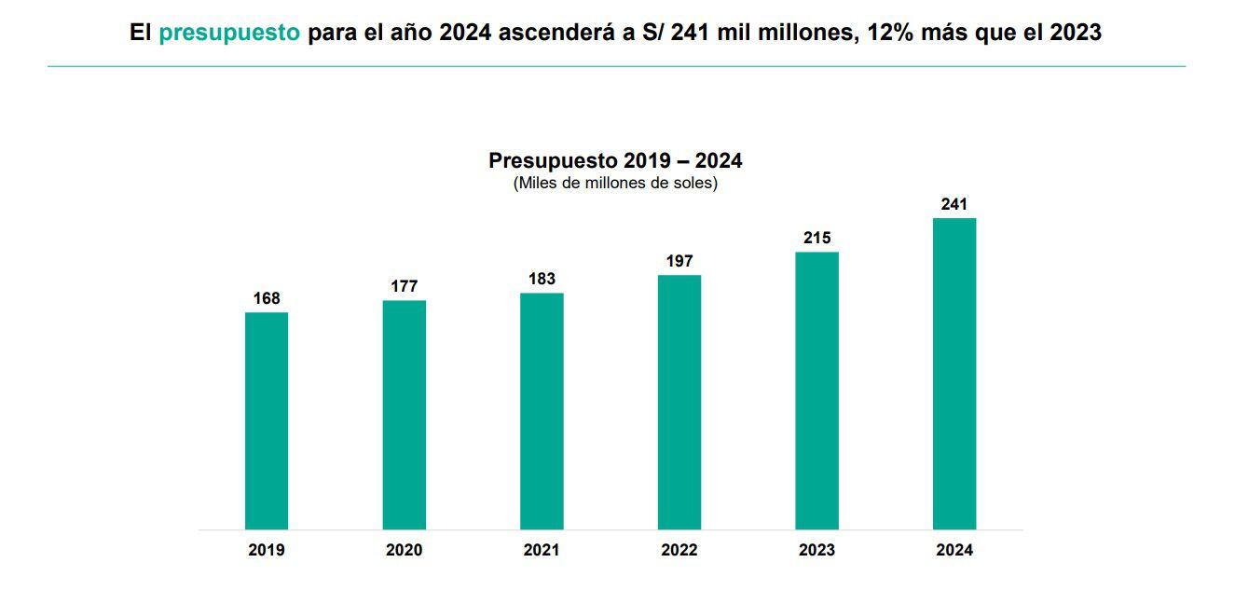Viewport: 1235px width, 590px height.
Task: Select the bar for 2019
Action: [267, 420]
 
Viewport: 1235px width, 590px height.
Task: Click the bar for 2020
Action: [404, 415]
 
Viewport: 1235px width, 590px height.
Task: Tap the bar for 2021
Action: [542, 411]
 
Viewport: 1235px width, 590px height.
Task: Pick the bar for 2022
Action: [679, 402]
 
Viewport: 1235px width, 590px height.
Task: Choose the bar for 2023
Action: [816, 391]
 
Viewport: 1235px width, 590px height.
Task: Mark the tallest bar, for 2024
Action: [954, 374]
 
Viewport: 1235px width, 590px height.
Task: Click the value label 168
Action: [267, 298]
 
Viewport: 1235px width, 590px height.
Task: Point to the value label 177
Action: [404, 286]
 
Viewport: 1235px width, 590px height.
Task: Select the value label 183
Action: [542, 279]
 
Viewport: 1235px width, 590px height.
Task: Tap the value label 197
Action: [679, 261]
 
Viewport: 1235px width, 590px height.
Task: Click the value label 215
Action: [816, 238]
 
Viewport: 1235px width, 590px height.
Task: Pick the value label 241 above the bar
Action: [954, 204]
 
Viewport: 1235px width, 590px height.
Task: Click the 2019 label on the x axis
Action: [267, 550]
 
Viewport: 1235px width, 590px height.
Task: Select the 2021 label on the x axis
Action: [542, 550]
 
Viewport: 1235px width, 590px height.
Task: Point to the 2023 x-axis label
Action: [816, 550]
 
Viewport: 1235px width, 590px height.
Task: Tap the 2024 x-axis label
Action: [954, 550]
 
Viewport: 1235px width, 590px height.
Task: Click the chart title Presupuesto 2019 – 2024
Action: [615, 160]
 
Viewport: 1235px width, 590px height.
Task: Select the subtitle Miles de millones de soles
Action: [615, 183]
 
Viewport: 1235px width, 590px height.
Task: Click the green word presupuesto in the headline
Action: [229, 34]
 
